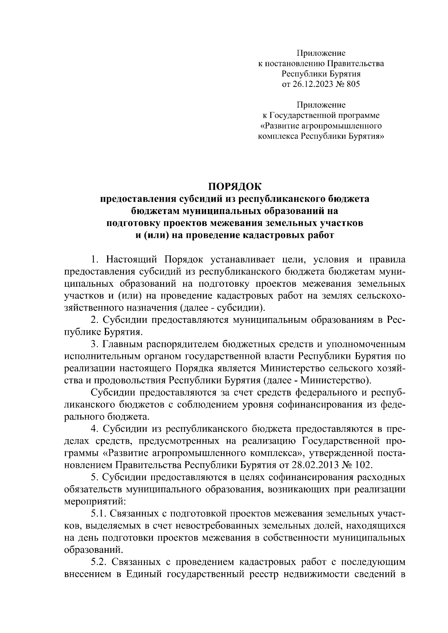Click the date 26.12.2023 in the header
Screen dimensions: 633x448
tap(312, 84)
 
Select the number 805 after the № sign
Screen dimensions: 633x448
tap(353, 84)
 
